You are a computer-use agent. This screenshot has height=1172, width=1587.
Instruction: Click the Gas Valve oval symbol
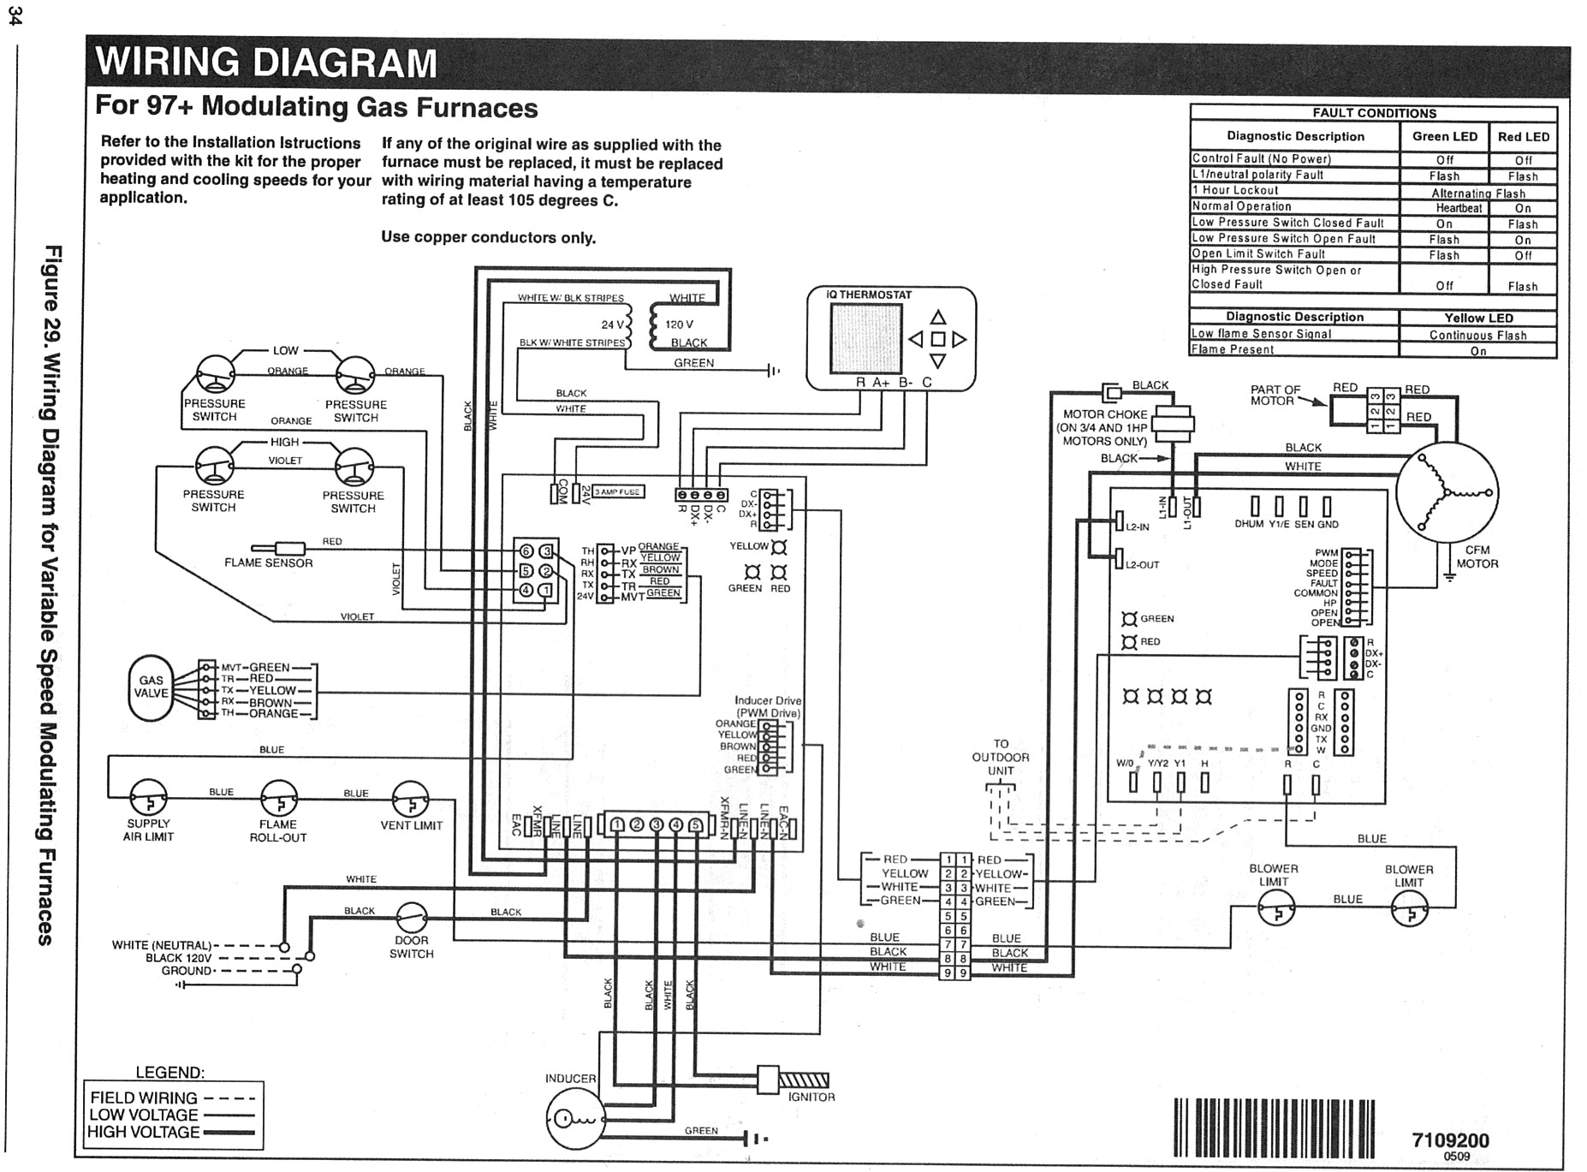[151, 687]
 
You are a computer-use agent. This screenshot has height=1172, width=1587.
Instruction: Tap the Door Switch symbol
[412, 919]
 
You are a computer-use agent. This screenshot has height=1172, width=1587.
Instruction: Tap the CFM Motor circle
[1446, 492]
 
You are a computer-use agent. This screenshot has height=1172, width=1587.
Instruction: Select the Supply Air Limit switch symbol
[148, 798]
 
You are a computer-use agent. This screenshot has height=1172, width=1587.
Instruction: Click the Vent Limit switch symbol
[410, 799]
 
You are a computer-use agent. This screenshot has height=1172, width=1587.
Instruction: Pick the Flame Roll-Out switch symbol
[279, 799]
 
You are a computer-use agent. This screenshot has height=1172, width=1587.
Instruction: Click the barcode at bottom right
[1274, 1127]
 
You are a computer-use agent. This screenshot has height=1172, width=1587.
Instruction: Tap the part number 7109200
[1450, 1140]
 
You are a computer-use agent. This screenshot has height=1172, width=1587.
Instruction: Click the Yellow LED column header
[1478, 318]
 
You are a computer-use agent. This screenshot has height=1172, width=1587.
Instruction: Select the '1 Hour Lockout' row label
[1234, 190]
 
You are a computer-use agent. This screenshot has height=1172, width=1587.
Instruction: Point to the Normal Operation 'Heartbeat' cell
[1458, 208]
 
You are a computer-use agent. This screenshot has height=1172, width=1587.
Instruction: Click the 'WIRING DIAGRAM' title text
[266, 63]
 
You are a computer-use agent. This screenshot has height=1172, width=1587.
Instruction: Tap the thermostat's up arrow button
[938, 318]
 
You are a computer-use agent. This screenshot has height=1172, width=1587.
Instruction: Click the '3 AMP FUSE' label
[617, 491]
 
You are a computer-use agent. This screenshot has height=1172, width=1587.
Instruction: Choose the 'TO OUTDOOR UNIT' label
[1001, 757]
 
